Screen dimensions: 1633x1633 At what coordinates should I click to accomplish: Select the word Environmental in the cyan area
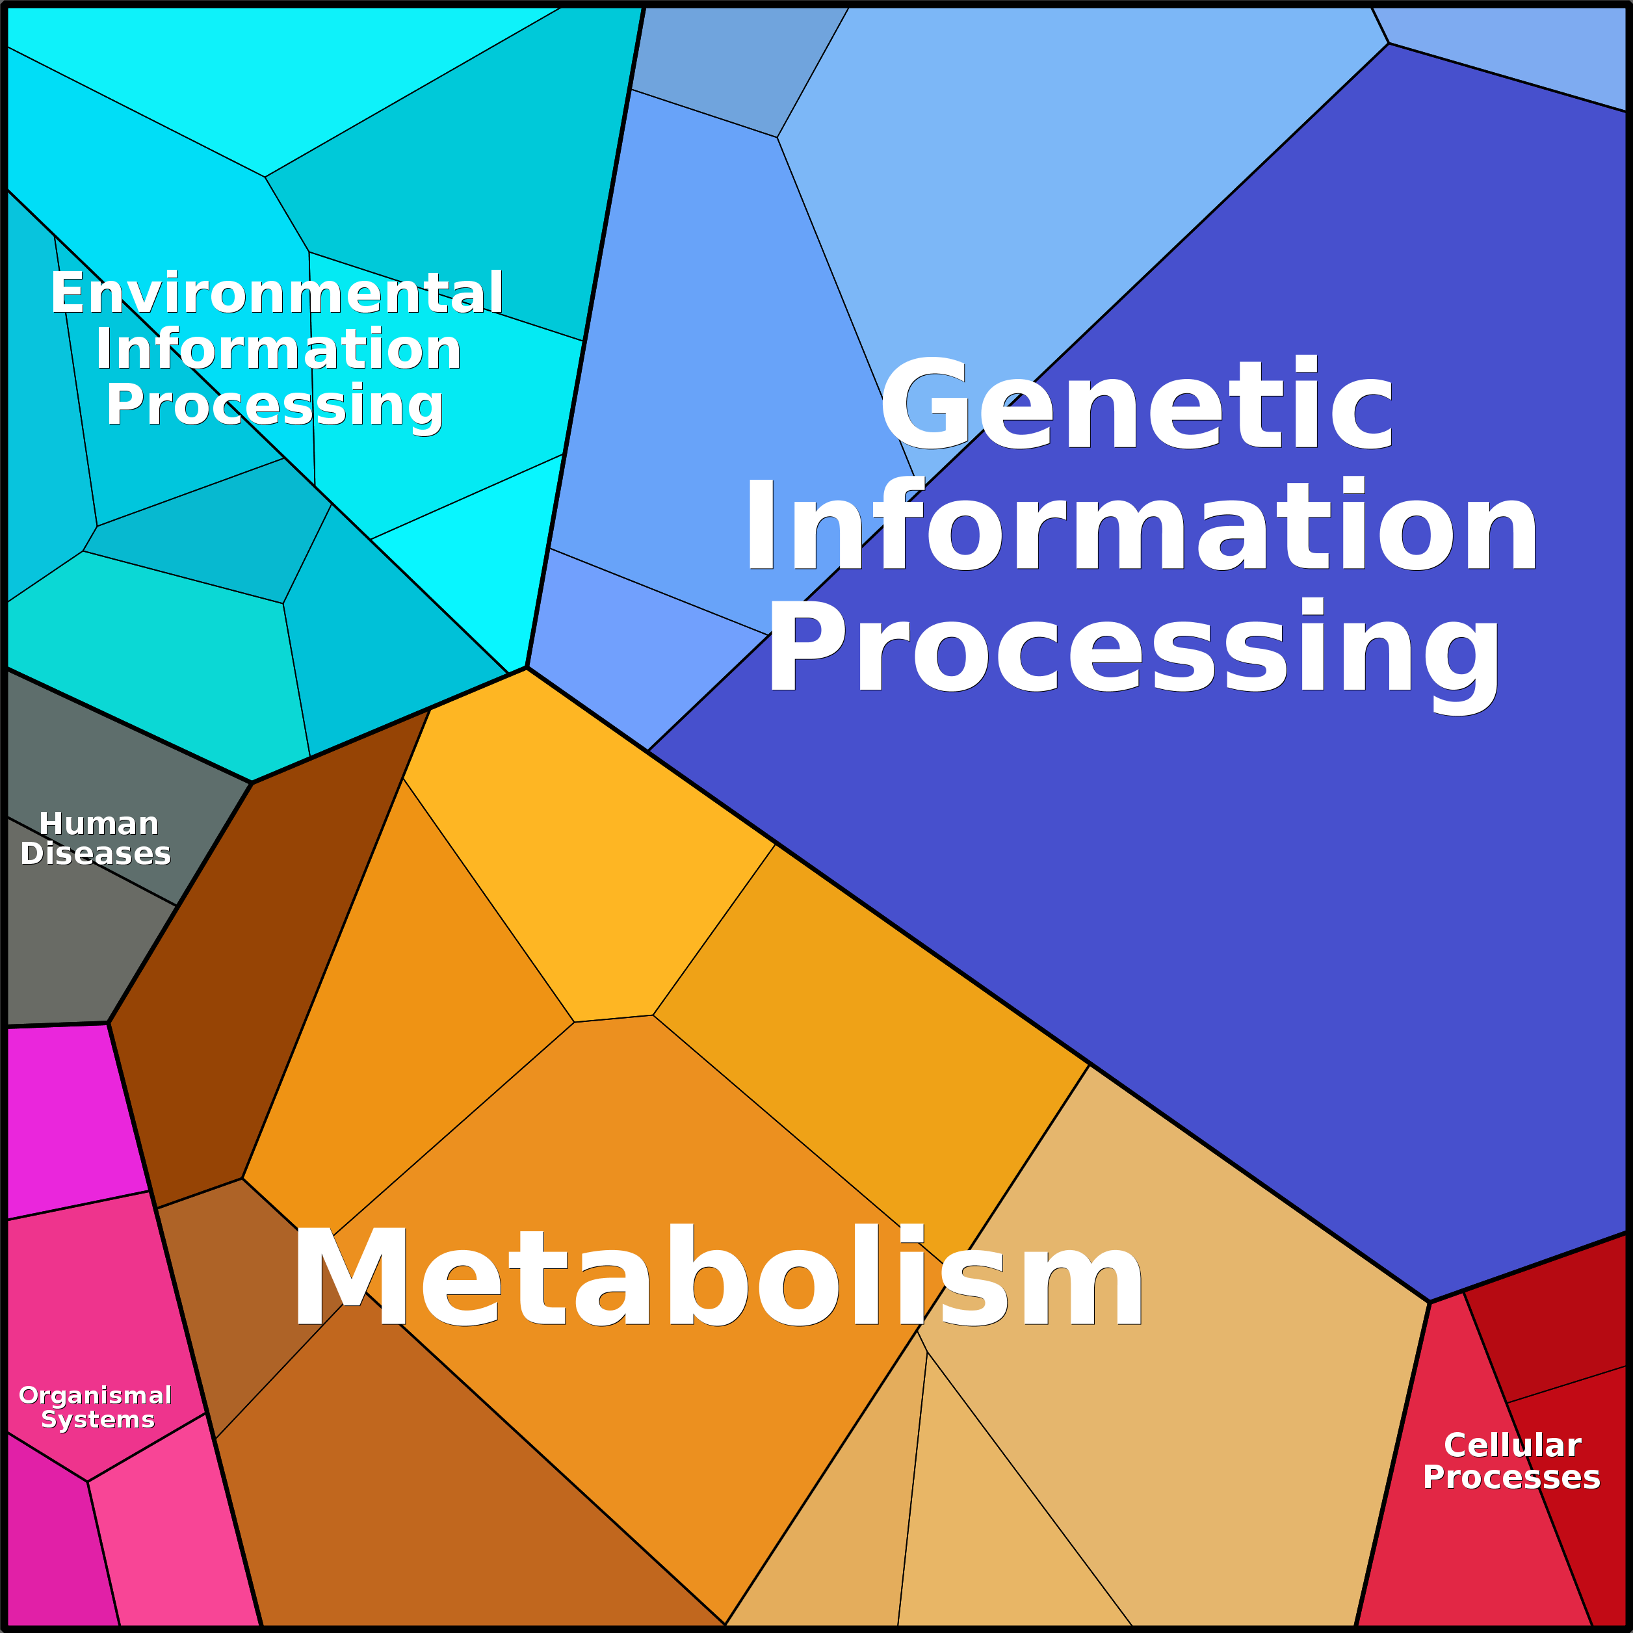coord(277,293)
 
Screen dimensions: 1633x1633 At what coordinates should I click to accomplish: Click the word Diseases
coord(96,854)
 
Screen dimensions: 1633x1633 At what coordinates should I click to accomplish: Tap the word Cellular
coord(1512,1444)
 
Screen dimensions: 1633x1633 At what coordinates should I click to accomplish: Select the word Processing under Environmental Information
coord(275,405)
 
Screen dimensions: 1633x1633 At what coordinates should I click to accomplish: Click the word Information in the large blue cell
coord(1141,526)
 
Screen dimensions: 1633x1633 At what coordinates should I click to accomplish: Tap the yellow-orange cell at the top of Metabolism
coord(583,862)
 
